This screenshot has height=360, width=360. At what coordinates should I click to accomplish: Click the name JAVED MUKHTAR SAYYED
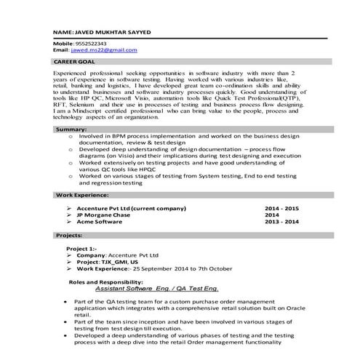pyautogui.click(x=109, y=34)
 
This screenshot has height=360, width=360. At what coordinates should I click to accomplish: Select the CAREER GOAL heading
pyautogui.click(x=75, y=63)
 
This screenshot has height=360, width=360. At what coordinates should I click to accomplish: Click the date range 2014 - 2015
pyautogui.click(x=281, y=208)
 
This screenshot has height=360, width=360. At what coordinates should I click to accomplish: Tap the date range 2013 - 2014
pyautogui.click(x=281, y=221)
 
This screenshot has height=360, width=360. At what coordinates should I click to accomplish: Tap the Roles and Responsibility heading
pyautogui.click(x=105, y=281)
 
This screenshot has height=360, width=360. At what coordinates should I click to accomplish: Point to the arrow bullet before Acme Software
pyautogui.click(x=68, y=221)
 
